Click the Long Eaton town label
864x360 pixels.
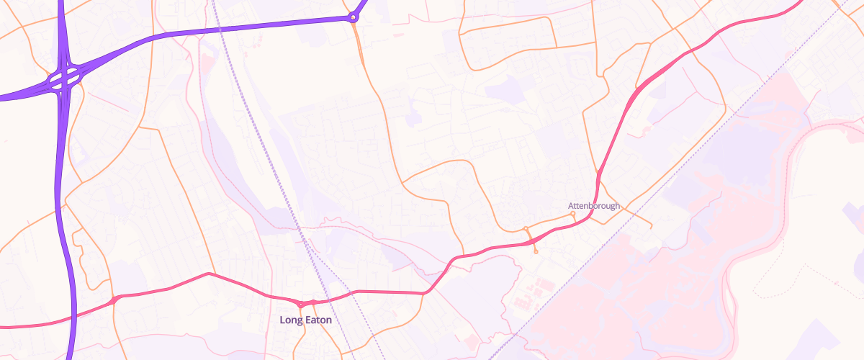point(306,319)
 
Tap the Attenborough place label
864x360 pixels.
point(594,206)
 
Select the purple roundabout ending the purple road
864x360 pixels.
point(353,17)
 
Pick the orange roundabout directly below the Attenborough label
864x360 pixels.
point(572,214)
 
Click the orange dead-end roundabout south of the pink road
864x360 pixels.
point(536,251)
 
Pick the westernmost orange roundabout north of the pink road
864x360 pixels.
point(526,229)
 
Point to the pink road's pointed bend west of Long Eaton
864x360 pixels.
point(209,274)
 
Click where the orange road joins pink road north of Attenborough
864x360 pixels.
point(598,171)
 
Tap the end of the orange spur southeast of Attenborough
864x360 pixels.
point(652,228)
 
